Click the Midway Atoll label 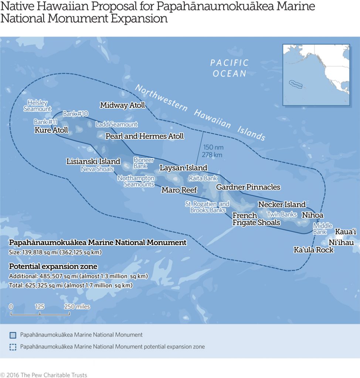coord(122,106)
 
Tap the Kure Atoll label coord(51,130)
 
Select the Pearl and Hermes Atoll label coord(145,136)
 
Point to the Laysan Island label coord(183,168)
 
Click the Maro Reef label coord(179,190)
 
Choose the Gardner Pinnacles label coord(248,187)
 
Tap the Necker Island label coord(282,205)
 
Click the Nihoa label coord(312,215)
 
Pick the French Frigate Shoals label coord(256,219)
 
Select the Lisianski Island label coord(93,161)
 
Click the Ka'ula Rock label coord(313,250)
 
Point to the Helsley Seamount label coord(37,106)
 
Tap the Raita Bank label coord(203,178)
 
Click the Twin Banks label coord(282,214)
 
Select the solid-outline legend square coord(13,335)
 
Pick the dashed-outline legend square coord(13,347)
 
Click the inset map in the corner coord(316,75)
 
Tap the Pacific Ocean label coord(230,68)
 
